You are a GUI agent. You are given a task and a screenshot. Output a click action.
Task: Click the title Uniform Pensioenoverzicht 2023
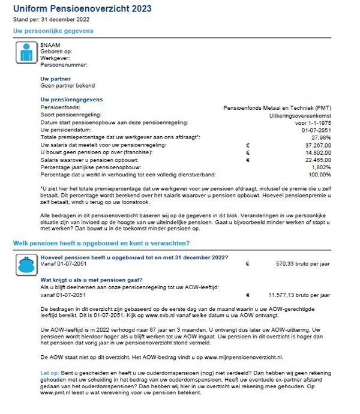[82, 9]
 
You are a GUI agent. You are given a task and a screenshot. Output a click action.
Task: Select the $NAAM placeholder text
[49, 45]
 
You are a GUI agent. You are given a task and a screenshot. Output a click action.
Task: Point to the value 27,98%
[319, 138]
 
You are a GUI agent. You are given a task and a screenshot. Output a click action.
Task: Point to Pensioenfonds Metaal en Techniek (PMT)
[277, 107]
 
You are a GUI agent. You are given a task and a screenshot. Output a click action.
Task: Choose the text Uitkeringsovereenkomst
[301, 114]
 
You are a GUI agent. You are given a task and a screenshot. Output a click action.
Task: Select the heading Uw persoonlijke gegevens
[53, 31]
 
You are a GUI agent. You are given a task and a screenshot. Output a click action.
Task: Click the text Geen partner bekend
[67, 85]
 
